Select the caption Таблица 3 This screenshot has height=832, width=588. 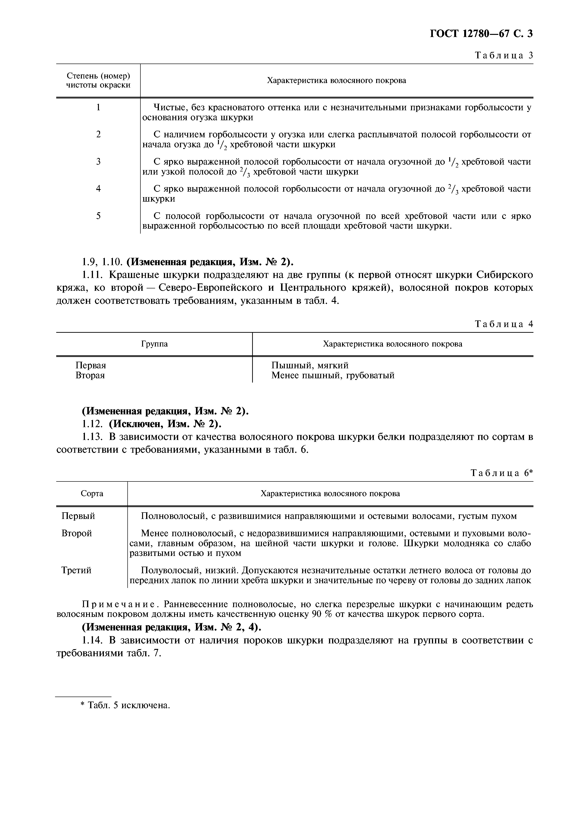click(x=504, y=55)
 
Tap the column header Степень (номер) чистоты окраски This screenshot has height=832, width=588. click(x=98, y=80)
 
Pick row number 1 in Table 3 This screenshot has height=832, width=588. click(x=98, y=108)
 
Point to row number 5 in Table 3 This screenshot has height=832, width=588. click(x=98, y=216)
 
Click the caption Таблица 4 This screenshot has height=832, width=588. click(x=504, y=324)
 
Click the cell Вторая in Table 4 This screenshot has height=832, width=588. click(x=90, y=375)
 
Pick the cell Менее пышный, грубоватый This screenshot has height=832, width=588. click(x=333, y=375)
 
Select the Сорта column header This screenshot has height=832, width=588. click(x=92, y=494)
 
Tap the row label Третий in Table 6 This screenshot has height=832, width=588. click(x=76, y=570)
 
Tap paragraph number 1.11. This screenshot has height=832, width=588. click(x=92, y=275)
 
